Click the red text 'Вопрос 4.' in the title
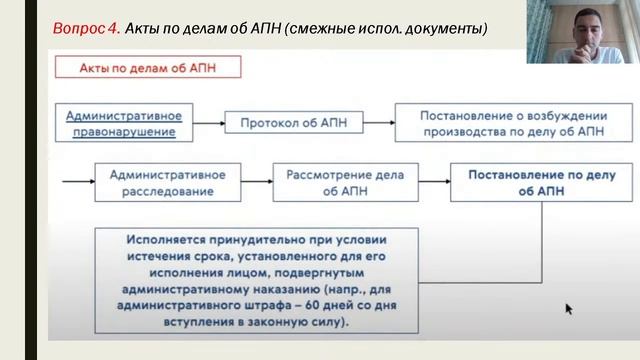pyautogui.click(x=86, y=28)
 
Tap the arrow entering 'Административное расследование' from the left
pyautogui.click(x=77, y=183)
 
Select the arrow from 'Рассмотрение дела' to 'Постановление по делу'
pyautogui.click(x=431, y=183)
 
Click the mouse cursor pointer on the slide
pyautogui.click(x=569, y=310)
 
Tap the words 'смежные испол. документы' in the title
pyautogui.click(x=399, y=28)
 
